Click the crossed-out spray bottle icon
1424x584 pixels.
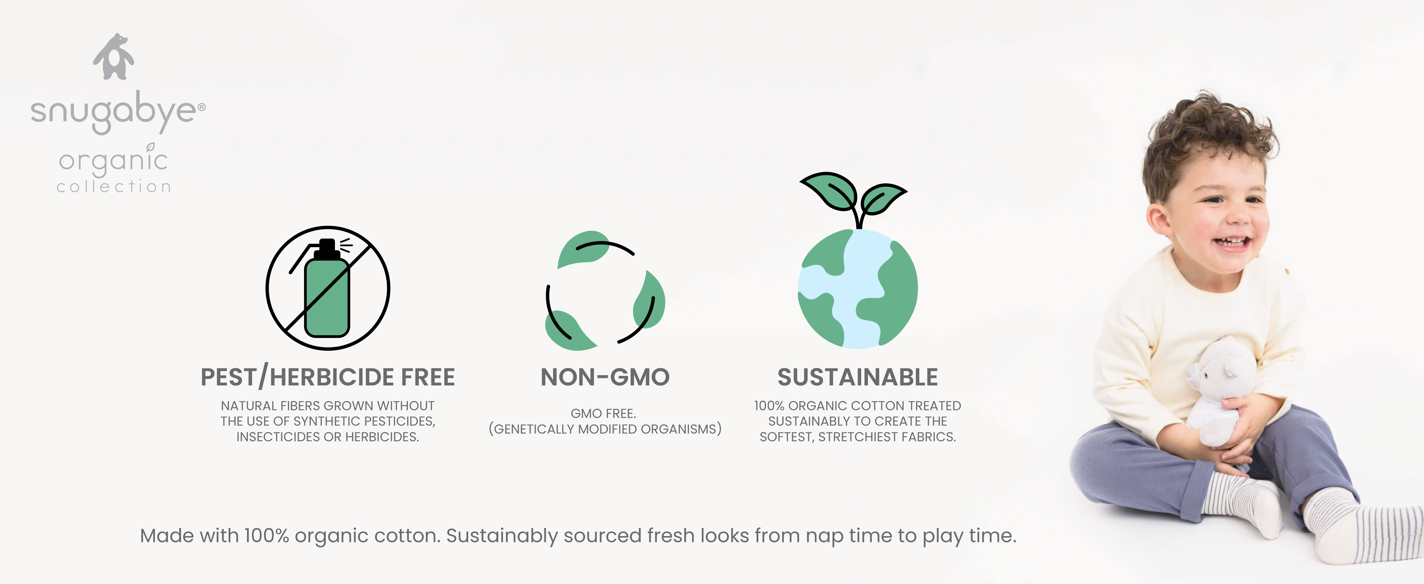[328, 288]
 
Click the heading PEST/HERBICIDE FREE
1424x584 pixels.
[328, 377]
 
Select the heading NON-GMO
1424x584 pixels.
[605, 377]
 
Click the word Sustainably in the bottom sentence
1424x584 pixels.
[502, 536]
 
